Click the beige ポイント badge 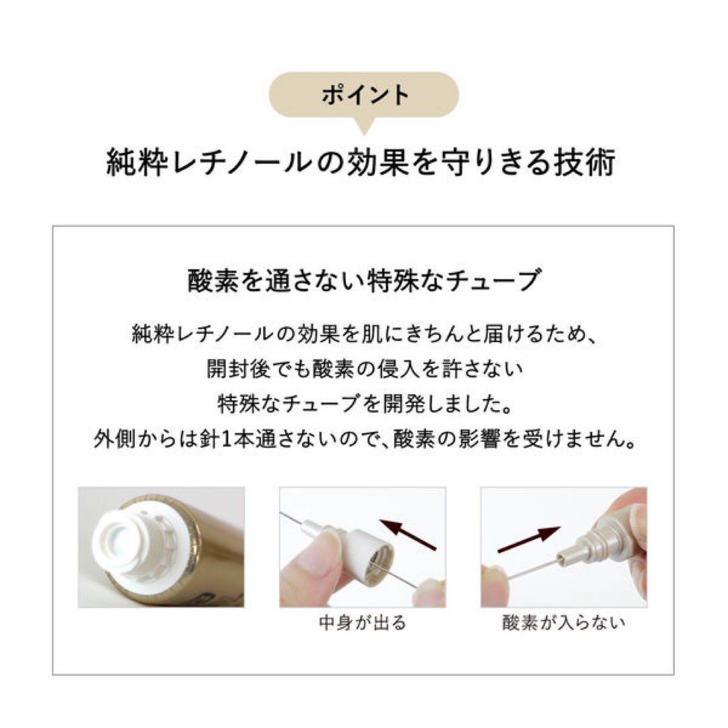coord(365,95)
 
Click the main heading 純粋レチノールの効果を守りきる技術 coord(361,163)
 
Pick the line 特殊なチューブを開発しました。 coord(364,404)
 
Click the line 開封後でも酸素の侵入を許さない coord(364,369)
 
